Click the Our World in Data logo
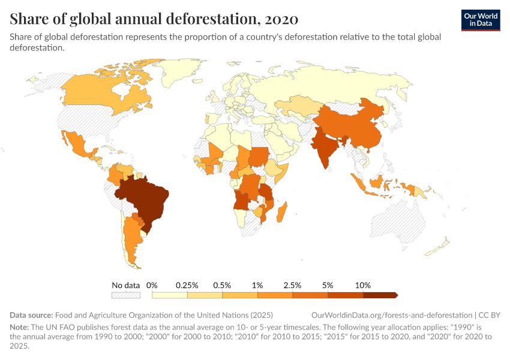point(480,20)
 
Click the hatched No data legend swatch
point(125,295)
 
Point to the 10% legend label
point(363,285)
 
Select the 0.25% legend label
point(187,285)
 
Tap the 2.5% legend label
point(292,285)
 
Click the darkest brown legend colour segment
point(380,295)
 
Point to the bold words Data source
point(31,315)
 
